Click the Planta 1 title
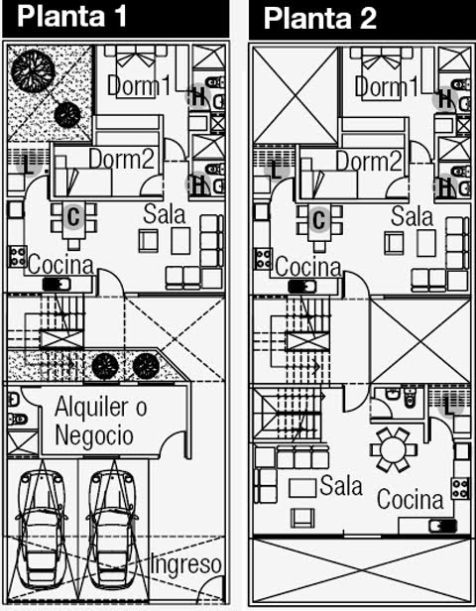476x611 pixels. (71, 16)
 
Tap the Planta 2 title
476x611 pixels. (319, 18)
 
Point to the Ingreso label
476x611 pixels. (186, 563)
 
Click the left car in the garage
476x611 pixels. (40, 530)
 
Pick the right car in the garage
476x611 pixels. (112, 530)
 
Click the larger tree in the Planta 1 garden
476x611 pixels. (33, 70)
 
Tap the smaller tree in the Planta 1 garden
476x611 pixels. (67, 115)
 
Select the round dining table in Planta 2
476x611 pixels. (394, 449)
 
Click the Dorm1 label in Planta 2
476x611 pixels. (387, 86)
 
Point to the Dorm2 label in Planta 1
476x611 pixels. (122, 159)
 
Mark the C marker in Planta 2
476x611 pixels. (319, 219)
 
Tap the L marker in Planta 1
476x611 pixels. (29, 165)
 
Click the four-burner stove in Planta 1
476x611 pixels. (18, 256)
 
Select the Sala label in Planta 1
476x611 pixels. (164, 214)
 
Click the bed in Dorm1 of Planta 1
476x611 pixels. (136, 71)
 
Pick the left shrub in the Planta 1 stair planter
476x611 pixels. (105, 367)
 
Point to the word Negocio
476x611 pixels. (94, 435)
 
